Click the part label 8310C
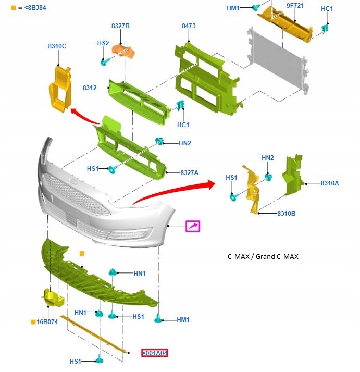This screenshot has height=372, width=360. point(57,46)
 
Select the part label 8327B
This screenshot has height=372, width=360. point(120,26)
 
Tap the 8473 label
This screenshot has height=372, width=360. point(189,26)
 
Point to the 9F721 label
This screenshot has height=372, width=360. point(295,6)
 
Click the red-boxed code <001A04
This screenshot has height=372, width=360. point(155,353)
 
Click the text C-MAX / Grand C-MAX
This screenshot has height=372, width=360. point(263,256)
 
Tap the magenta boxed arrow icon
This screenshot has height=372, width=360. point(193,226)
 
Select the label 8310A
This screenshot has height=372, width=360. point(330,183)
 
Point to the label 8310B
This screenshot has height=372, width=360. point(287,214)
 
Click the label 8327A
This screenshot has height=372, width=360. point(190,172)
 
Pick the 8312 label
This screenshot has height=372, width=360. point(90,88)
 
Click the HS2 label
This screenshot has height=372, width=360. point(103,43)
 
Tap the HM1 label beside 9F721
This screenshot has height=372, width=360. point(233,8)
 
